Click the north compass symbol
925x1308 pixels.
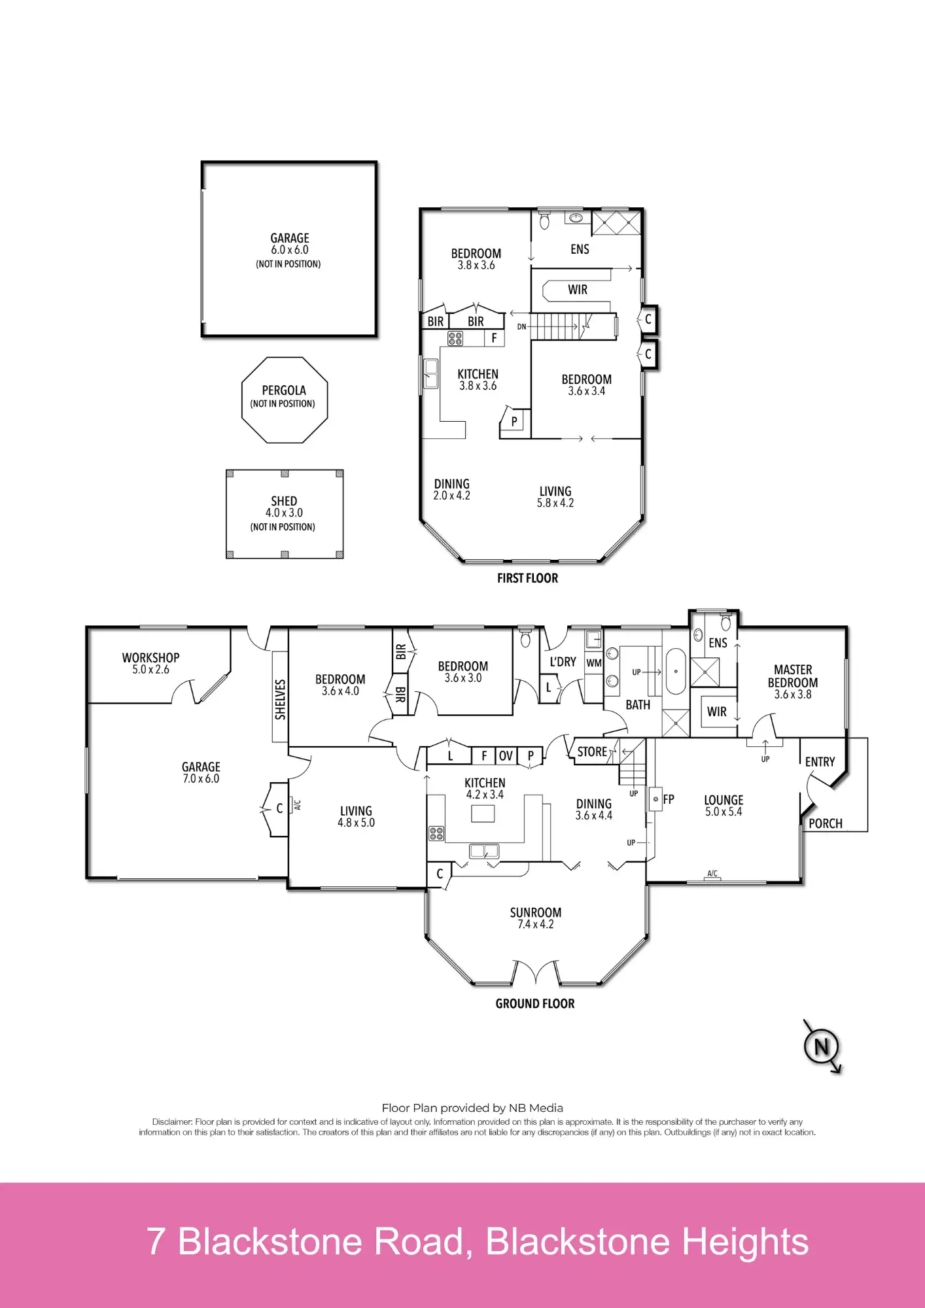point(822,1047)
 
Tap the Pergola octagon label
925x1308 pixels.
point(284,390)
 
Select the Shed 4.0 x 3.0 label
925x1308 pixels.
point(284,507)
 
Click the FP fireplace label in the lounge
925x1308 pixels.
point(668,799)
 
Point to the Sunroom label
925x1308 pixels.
point(536,912)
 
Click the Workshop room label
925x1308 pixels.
point(150,658)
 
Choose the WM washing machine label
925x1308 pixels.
point(594,663)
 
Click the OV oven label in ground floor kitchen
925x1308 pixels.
point(506,756)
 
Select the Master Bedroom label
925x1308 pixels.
point(793,676)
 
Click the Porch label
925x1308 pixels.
point(826,824)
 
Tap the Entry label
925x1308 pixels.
point(820,762)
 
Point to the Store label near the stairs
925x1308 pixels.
point(592,752)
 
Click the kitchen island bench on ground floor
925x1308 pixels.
point(483,814)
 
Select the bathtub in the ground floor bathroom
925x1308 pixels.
point(676,671)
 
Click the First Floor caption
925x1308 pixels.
point(527,578)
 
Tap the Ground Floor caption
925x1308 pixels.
point(535,1004)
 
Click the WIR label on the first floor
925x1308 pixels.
point(578,290)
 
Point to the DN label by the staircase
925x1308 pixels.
point(521,326)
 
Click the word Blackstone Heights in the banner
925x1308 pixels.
point(647,1242)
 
